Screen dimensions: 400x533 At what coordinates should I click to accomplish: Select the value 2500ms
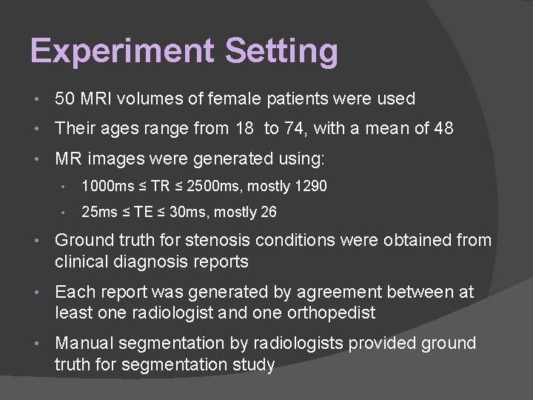tap(204, 186)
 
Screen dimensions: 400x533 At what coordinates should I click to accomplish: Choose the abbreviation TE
tap(148, 213)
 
